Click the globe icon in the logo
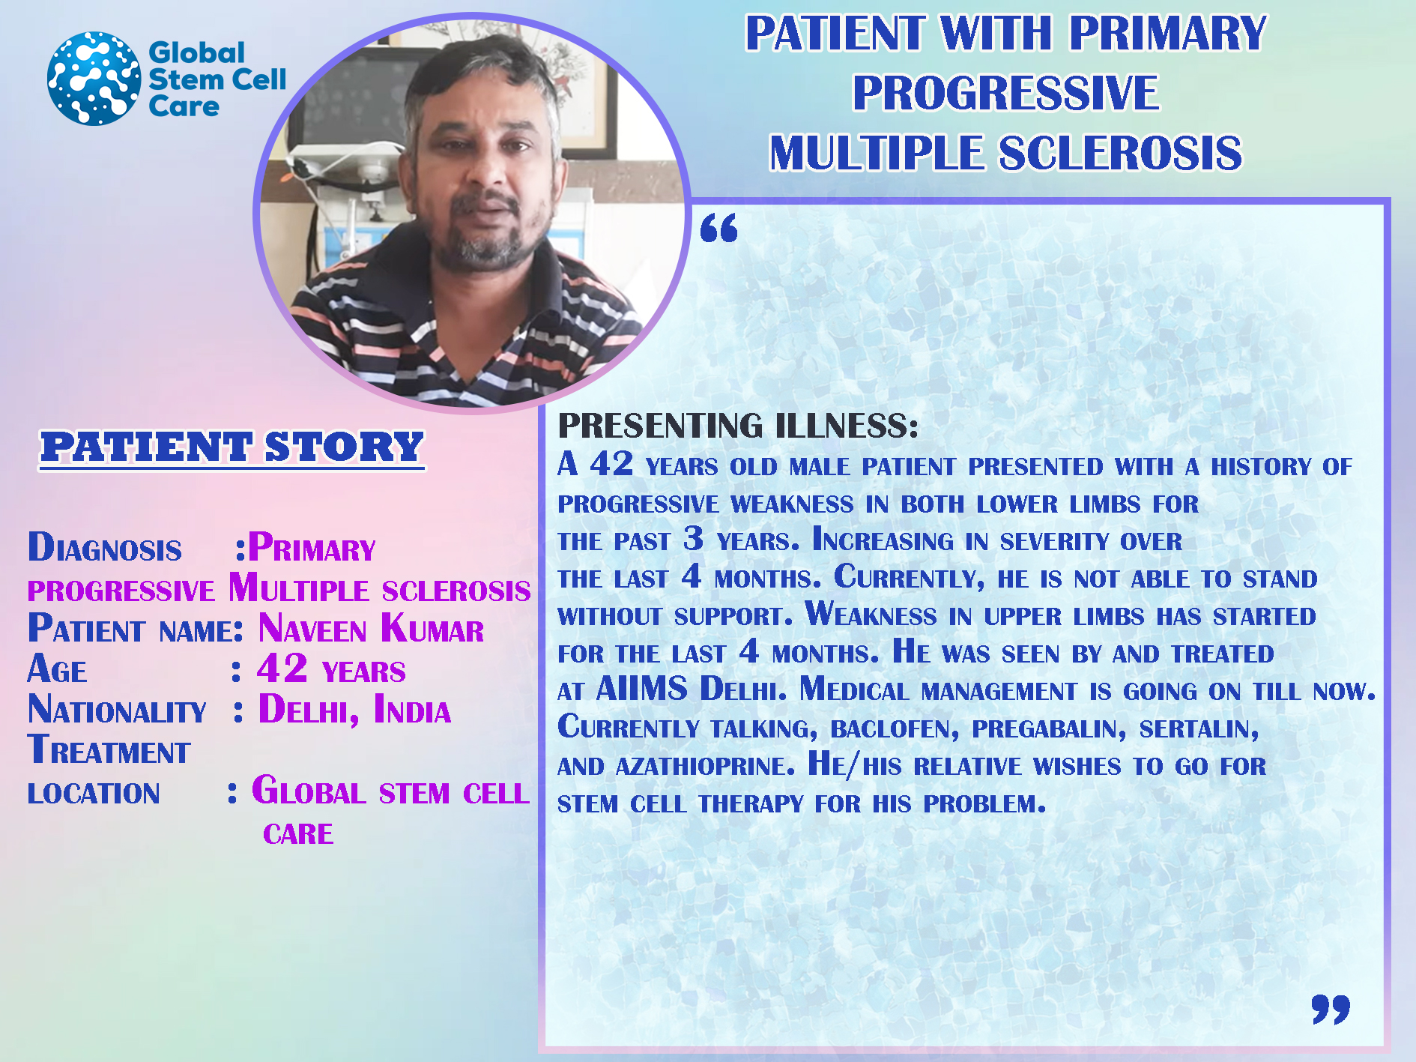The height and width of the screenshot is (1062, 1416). (x=94, y=78)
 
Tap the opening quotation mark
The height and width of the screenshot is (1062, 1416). (x=718, y=228)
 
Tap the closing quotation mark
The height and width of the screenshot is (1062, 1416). (x=1331, y=1009)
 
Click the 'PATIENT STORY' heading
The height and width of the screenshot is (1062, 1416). (x=232, y=447)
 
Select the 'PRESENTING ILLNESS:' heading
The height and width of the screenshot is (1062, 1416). (x=738, y=426)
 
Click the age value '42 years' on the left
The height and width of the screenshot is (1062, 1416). (x=331, y=669)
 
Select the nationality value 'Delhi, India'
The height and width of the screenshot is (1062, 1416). (x=354, y=709)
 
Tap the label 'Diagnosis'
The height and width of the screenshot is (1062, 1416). (x=105, y=547)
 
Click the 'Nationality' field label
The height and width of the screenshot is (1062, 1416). (x=117, y=710)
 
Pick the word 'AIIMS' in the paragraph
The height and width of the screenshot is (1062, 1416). (x=641, y=689)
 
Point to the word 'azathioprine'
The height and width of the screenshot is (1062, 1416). (x=704, y=766)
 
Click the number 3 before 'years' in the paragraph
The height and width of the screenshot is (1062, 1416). (x=694, y=539)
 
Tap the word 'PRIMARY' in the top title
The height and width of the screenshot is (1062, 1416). (x=1167, y=34)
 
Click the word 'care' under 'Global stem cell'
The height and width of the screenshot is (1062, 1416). (x=298, y=834)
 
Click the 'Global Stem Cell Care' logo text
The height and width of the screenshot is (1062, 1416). (x=217, y=79)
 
